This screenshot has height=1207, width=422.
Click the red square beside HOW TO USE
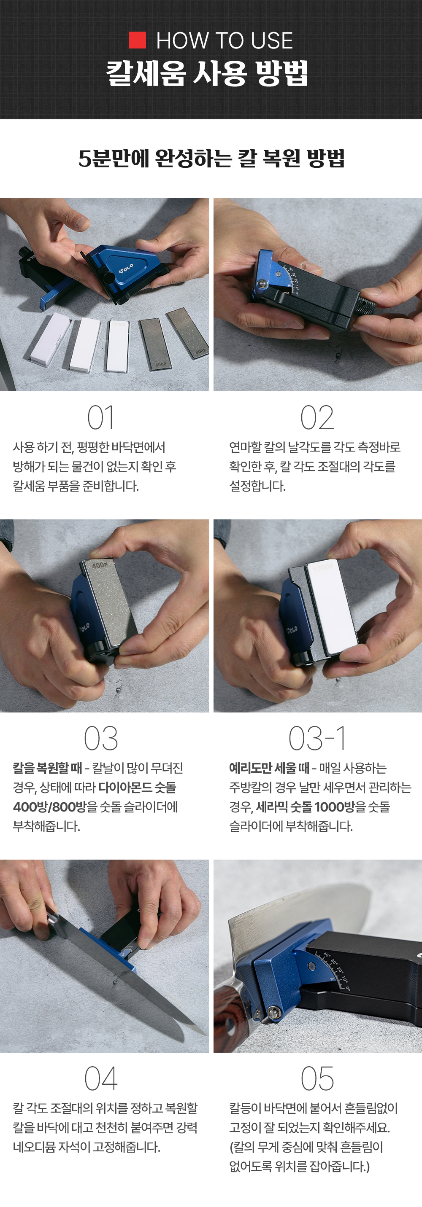(138, 40)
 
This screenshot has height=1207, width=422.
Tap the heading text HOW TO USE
(225, 41)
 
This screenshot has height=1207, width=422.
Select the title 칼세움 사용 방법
(207, 73)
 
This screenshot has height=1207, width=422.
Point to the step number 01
(100, 417)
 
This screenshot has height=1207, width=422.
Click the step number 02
(317, 417)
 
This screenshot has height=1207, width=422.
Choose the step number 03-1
(317, 739)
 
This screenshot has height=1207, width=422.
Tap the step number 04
(100, 1078)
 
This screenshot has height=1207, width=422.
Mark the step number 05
(317, 1078)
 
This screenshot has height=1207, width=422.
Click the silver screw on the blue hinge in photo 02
(262, 283)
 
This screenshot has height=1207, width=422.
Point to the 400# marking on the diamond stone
(100, 565)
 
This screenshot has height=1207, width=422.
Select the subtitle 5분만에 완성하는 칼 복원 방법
(211, 159)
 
